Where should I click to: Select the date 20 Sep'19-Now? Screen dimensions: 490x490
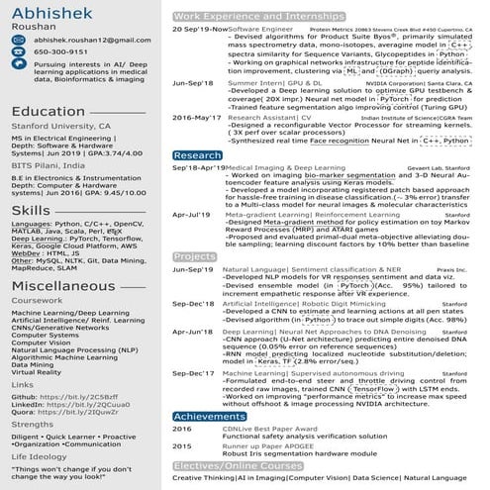tap(199, 30)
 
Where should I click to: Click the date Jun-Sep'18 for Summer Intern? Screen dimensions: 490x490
tap(192, 85)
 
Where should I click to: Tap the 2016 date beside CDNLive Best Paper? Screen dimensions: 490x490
tap(182, 429)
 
